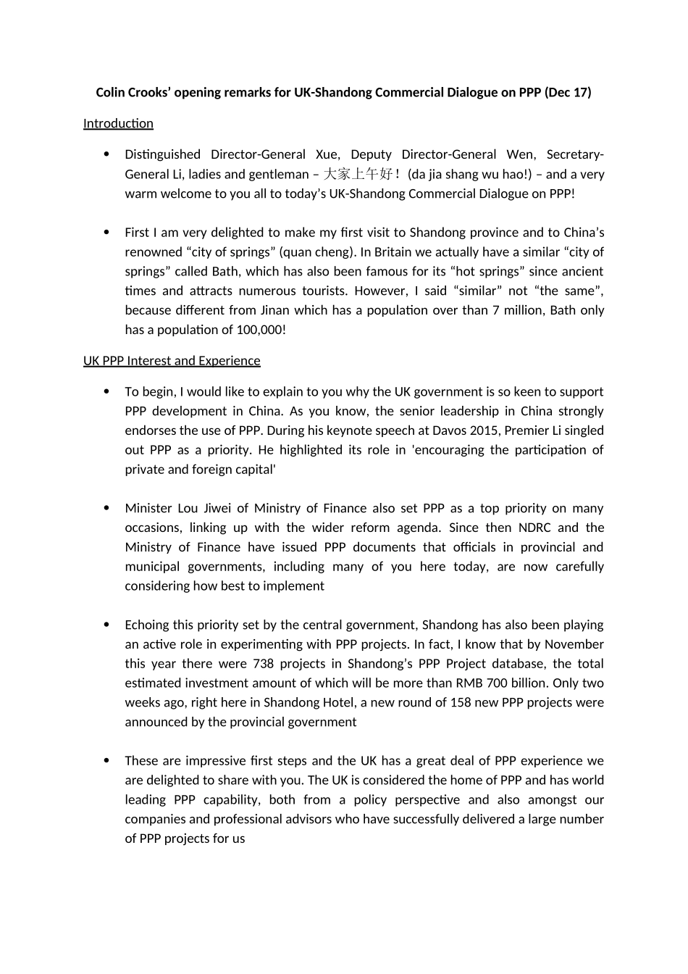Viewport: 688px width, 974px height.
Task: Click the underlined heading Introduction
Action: [x=118, y=123]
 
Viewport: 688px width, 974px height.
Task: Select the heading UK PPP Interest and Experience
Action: [x=172, y=361]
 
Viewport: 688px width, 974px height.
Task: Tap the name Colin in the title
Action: [x=110, y=92]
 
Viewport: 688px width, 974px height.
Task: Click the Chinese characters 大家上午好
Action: [x=358, y=174]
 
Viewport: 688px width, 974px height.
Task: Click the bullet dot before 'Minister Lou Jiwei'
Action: [x=107, y=508]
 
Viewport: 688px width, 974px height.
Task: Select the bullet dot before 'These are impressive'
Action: [x=107, y=761]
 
